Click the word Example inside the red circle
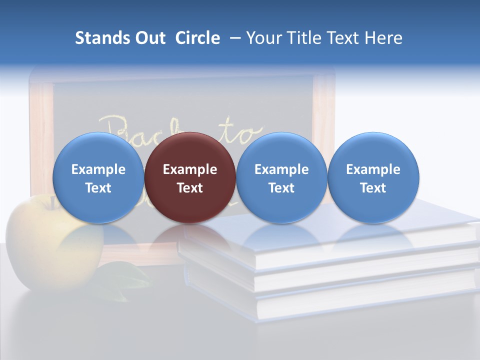(190, 169)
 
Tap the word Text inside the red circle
(190, 188)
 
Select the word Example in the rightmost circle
(373, 169)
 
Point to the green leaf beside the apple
(122, 277)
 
